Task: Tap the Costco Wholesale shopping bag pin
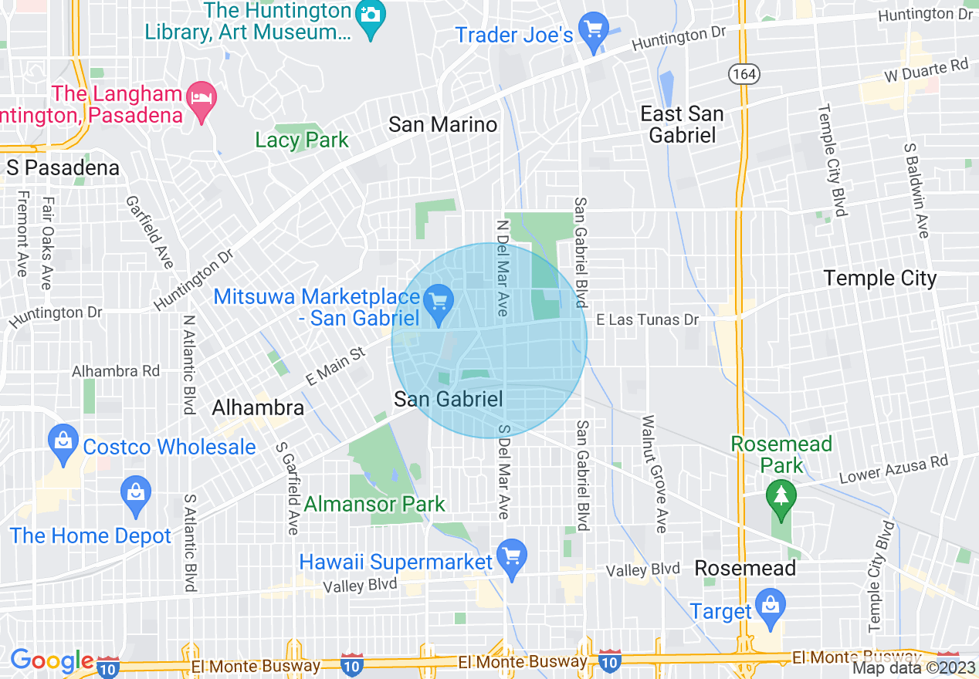[63, 442]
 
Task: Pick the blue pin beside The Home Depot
[136, 494]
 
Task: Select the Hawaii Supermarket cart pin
[510, 557]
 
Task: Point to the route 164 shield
[744, 74]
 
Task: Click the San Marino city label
[442, 124]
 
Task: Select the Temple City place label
[879, 278]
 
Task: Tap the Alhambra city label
[258, 407]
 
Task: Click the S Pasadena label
[63, 168]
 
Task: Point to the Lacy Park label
[302, 140]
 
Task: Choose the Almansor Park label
[374, 505]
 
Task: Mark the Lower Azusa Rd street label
[893, 469]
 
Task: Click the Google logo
[51, 660]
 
